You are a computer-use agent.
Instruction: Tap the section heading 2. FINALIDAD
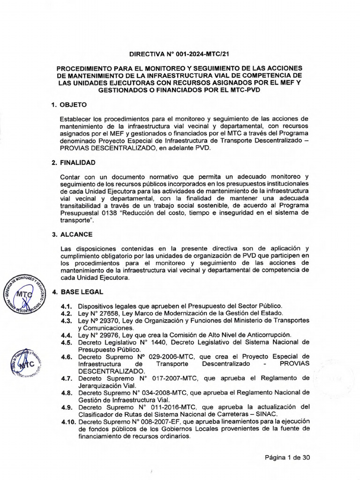point(74,163)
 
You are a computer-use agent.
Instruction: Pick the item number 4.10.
point(68,422)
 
